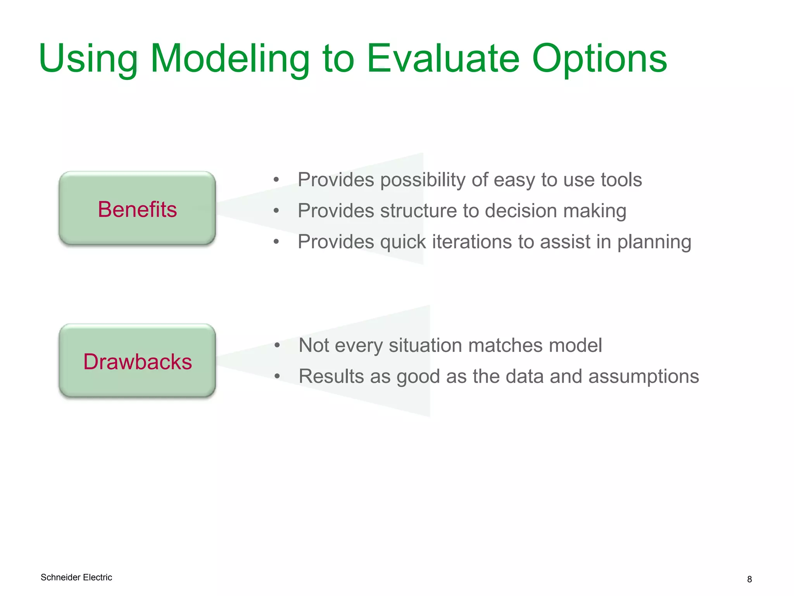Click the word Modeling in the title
point(230,59)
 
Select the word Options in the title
point(599,59)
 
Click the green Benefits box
point(137,209)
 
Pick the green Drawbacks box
point(137,361)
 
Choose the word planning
point(654,242)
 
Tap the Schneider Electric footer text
point(76,577)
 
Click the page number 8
point(749,579)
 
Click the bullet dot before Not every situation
point(277,345)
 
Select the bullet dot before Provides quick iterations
point(276,242)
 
